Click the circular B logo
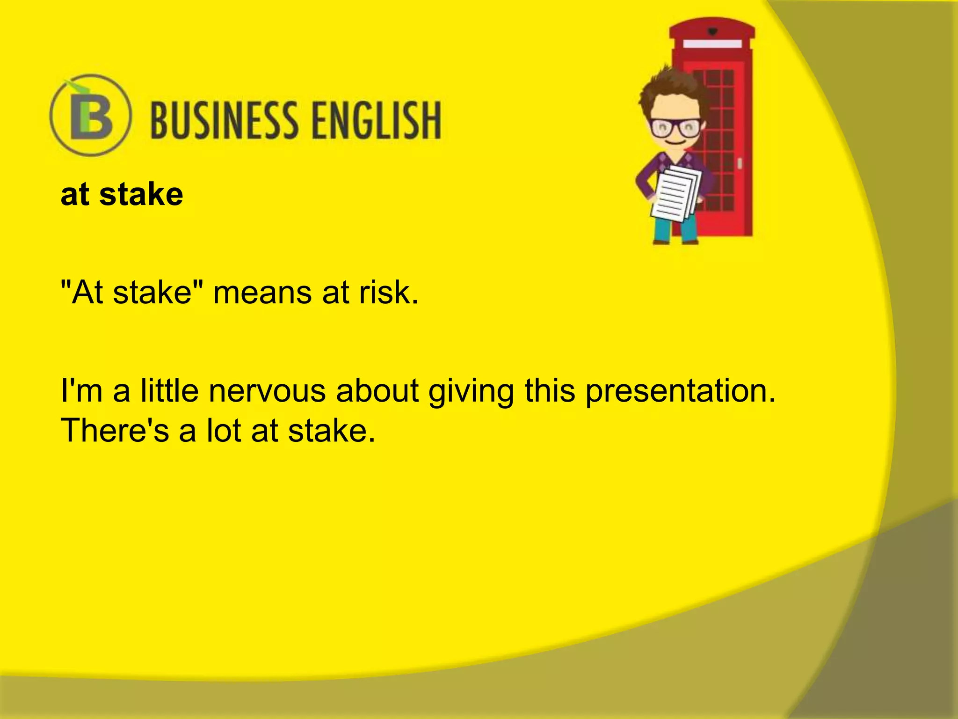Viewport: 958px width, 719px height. tap(90, 115)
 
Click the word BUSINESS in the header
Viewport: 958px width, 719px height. tap(225, 121)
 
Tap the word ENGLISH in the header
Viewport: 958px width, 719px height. tap(377, 121)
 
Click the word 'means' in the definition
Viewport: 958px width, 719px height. tap(262, 293)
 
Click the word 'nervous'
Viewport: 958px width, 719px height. tap(267, 391)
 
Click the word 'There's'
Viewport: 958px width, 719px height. tap(115, 431)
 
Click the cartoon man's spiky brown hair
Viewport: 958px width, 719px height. tap(669, 87)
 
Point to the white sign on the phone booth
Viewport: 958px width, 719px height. tap(712, 44)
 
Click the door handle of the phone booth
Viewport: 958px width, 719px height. tap(740, 163)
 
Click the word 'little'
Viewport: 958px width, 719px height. tap(169, 391)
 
